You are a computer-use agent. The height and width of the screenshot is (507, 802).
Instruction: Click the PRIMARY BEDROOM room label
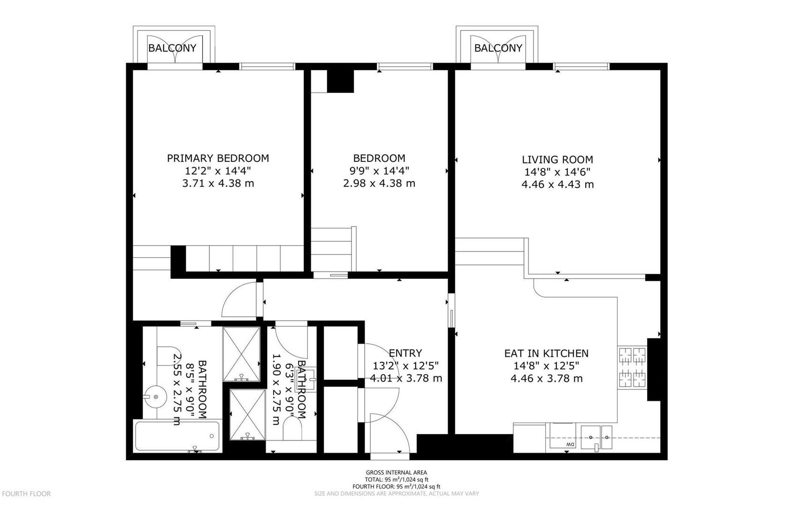coord(218,158)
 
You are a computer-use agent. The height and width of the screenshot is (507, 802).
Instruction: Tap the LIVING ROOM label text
coord(557,159)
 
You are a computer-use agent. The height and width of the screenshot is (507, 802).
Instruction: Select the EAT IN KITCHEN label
coord(546,353)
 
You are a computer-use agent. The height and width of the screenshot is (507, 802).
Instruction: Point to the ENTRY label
coord(405,353)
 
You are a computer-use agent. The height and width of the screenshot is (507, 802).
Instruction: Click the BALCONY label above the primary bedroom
coord(172,48)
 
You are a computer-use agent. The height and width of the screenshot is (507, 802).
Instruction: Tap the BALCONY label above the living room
coord(498,48)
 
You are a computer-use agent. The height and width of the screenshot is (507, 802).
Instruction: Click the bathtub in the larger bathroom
coord(177,436)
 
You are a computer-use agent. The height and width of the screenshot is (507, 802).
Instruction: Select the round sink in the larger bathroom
coord(155,396)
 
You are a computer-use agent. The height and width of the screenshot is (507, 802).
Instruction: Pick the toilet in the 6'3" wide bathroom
coord(292,429)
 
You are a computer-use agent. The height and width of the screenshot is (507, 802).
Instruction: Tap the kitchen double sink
coord(596,437)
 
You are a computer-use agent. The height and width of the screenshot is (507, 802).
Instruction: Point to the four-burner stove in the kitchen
coord(632,367)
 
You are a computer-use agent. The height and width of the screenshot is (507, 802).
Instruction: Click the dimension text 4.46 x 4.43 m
coord(558,184)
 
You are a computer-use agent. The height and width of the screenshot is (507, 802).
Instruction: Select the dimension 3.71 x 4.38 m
coord(218,184)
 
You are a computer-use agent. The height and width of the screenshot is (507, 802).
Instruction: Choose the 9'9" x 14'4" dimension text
coord(379,171)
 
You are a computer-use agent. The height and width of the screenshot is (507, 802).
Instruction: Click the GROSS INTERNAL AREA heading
coord(397,473)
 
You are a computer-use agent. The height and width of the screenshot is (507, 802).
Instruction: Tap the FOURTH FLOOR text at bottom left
coord(26,494)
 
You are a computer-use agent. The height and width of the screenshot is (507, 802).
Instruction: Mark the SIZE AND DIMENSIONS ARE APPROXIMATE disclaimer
coord(397,494)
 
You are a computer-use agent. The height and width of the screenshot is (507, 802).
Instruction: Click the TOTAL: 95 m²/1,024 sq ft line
coord(397,480)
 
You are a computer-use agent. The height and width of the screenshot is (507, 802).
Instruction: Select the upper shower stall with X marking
coord(241,354)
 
